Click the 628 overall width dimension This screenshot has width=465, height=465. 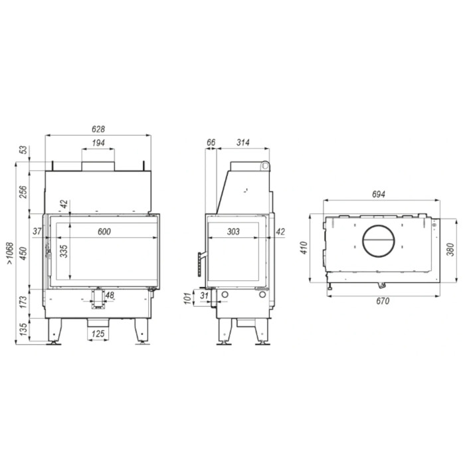coord(98,129)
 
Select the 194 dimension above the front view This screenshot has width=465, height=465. coord(98,143)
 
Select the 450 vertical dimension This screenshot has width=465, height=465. coord(23,253)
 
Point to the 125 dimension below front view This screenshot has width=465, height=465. coord(98,333)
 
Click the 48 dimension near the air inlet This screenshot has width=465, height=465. coord(110,295)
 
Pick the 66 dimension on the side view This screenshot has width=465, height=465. coord(211,143)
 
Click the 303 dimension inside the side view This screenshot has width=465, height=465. coord(233,231)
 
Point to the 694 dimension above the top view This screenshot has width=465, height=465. coord(378,195)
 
